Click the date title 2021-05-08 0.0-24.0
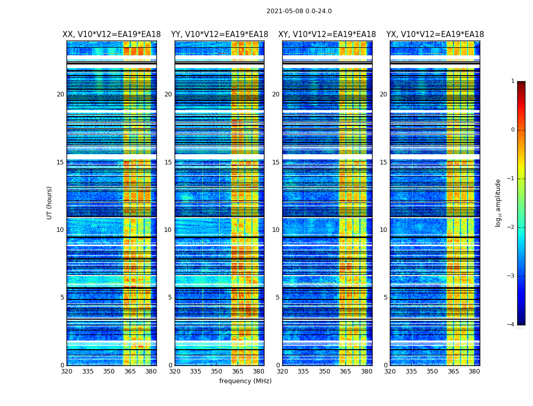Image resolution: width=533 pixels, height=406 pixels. click(299, 11)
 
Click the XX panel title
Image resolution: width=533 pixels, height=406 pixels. click(112, 35)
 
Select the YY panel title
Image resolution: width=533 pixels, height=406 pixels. click(219, 35)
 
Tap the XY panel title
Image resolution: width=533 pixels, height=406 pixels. click(327, 35)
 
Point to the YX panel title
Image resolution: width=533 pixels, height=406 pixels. click(435, 35)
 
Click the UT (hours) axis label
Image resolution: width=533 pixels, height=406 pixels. click(50, 202)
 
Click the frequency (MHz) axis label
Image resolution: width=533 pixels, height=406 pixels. click(245, 381)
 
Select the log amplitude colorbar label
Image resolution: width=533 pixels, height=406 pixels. click(498, 202)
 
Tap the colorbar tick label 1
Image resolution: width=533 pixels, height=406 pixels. click(513, 81)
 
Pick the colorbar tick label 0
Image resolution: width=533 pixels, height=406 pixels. click(513, 130)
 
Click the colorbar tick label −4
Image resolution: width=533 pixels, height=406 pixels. click(511, 325)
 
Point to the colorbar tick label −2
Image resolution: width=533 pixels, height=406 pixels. click(511, 227)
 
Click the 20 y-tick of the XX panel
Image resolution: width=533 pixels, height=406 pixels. click(60, 94)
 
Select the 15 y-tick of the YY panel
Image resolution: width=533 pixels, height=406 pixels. click(168, 162)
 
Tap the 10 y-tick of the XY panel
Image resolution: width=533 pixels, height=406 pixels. click(276, 230)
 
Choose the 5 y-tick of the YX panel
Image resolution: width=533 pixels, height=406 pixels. click(385, 297)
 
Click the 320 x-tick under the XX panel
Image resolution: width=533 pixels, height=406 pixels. click(66, 371)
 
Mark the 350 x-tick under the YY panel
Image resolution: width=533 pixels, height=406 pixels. click(217, 371)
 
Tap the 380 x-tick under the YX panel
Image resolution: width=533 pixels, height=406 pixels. click(474, 371)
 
